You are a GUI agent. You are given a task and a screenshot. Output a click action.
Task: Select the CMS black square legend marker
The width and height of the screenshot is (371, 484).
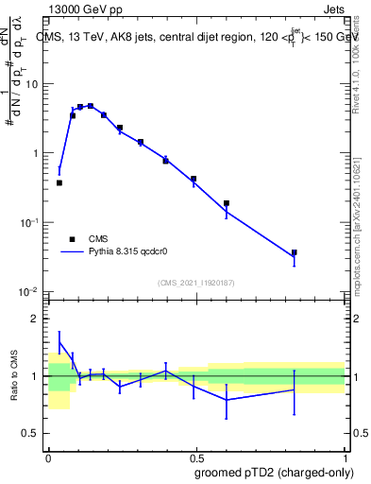click(72, 239)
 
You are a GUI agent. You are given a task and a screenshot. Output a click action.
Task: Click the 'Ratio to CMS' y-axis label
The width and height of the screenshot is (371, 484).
click(14, 375)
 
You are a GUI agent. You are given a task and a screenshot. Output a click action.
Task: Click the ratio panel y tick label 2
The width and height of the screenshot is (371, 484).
click(36, 319)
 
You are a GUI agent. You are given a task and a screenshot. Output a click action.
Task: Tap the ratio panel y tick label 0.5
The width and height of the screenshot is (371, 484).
click(31, 434)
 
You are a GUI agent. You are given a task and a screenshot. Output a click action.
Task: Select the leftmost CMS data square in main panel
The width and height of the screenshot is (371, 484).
click(59, 182)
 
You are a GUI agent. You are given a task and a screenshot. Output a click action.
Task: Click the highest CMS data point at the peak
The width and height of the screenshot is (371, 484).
click(91, 106)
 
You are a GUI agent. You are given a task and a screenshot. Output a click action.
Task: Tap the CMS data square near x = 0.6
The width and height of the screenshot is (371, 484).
click(227, 203)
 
